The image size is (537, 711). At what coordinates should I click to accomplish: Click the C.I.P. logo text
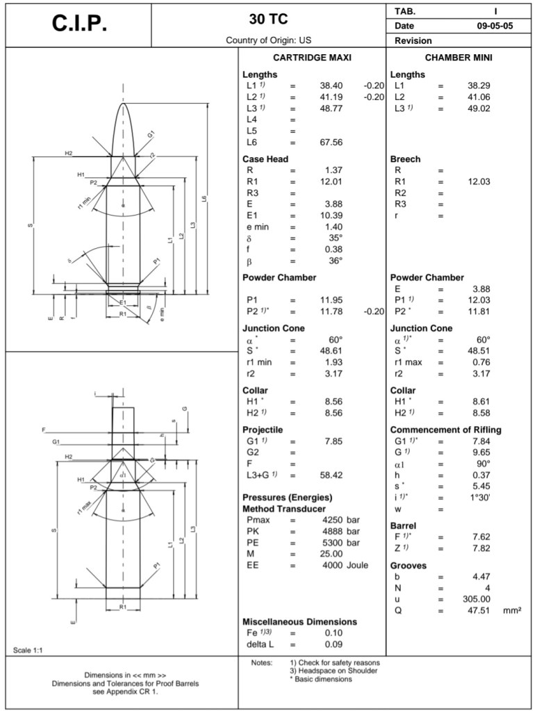(79, 24)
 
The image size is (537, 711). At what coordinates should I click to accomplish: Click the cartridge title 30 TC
(268, 18)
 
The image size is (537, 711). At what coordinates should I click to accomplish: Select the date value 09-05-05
(490, 26)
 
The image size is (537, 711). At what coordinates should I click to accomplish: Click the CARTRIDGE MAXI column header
(312, 58)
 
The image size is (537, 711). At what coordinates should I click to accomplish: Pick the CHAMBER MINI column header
(458, 58)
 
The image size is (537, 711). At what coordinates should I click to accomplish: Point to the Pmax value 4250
(330, 520)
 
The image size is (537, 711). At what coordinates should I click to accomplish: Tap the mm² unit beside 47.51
(512, 610)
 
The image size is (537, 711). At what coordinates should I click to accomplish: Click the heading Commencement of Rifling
(445, 430)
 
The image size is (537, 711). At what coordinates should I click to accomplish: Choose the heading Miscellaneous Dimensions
(299, 621)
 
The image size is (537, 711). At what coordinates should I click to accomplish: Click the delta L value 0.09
(333, 644)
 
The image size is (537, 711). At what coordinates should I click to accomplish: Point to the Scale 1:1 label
(28, 650)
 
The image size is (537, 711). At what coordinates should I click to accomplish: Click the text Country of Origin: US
(268, 40)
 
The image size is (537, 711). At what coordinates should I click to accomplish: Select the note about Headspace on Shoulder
(333, 671)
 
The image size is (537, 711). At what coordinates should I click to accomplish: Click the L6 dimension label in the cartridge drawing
(204, 199)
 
